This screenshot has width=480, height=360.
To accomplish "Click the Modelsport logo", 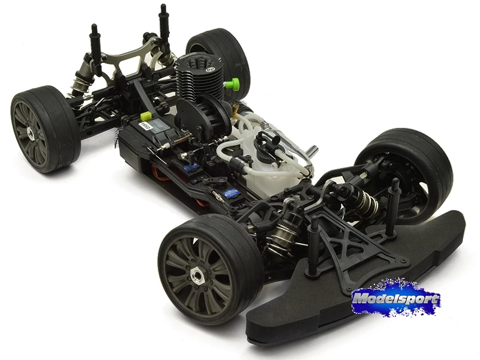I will [395, 299].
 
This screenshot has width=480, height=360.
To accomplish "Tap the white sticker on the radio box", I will [145, 126].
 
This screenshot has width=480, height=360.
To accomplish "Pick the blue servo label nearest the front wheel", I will [232, 193].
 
